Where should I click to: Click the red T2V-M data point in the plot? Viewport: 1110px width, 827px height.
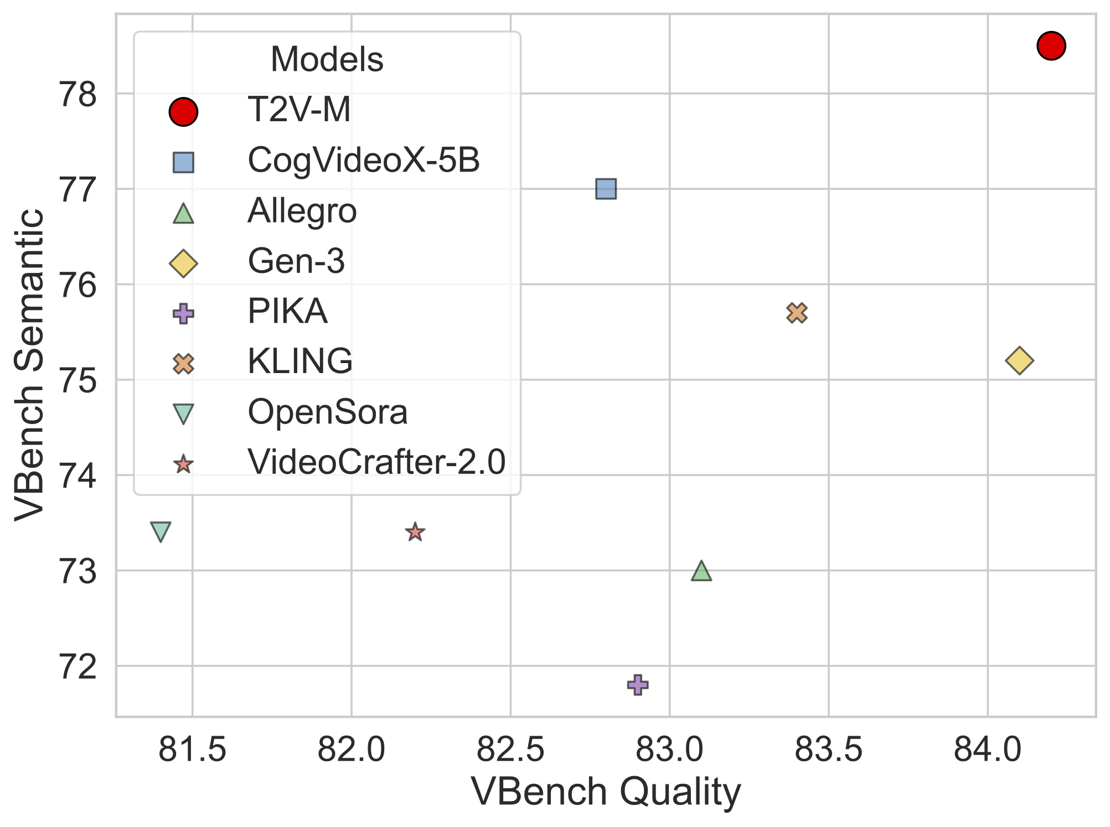[x=1051, y=45]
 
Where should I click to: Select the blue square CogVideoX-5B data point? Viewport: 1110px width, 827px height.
[x=606, y=189]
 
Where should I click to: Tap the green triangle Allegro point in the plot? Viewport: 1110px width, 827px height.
[x=701, y=571]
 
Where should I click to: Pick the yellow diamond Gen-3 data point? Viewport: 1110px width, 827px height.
[x=1019, y=361]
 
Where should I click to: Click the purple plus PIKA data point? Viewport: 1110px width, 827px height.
[x=638, y=685]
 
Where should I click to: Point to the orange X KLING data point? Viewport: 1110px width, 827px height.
[x=797, y=313]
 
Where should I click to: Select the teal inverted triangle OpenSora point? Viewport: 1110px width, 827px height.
[x=161, y=531]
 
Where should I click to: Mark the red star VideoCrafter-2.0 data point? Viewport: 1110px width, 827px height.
[x=415, y=532]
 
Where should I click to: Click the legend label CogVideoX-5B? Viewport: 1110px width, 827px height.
[x=363, y=161]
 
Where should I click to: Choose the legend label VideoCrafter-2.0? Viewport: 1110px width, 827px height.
[x=376, y=462]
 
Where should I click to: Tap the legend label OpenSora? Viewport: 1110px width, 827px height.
[x=327, y=412]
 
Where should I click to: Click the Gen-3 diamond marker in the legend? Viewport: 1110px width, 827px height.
[x=183, y=263]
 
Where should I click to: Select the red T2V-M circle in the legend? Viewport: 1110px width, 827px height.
[x=183, y=112]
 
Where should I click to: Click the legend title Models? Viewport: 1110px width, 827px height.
[x=327, y=59]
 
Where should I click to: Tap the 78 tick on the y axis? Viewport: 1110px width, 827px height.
[x=78, y=95]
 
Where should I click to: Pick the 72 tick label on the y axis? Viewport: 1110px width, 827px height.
[x=78, y=666]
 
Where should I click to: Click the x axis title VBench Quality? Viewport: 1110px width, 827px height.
[x=606, y=792]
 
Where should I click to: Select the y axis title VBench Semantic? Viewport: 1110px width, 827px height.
[x=29, y=365]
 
